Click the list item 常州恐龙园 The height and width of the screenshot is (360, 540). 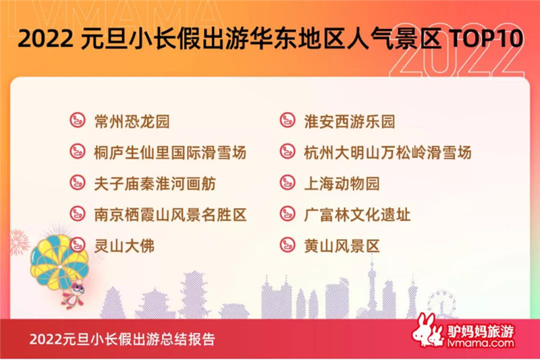(x=132, y=122)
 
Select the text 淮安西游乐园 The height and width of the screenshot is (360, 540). (x=349, y=122)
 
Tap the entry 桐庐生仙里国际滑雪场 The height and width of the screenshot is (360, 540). (x=170, y=153)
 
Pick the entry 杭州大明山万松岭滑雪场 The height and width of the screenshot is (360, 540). (x=387, y=153)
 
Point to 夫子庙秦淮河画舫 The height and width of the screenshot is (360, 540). (x=155, y=184)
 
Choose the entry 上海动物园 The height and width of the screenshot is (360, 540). (x=342, y=184)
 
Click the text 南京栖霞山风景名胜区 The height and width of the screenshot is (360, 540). (x=170, y=215)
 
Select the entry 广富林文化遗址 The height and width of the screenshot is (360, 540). (x=357, y=215)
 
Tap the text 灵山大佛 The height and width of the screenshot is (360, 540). (x=124, y=246)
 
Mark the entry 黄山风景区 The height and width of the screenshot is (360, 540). (x=342, y=246)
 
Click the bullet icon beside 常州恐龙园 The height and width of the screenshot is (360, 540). (x=78, y=121)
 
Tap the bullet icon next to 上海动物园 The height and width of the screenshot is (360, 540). (x=288, y=182)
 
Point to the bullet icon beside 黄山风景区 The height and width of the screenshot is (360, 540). (x=288, y=245)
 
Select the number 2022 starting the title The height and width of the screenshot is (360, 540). (x=45, y=38)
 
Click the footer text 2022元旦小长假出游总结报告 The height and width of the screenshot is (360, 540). (x=122, y=339)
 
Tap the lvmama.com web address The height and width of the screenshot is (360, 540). (x=481, y=342)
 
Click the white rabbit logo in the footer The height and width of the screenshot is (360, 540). (x=427, y=331)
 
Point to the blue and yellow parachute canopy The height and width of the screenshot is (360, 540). (x=59, y=256)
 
